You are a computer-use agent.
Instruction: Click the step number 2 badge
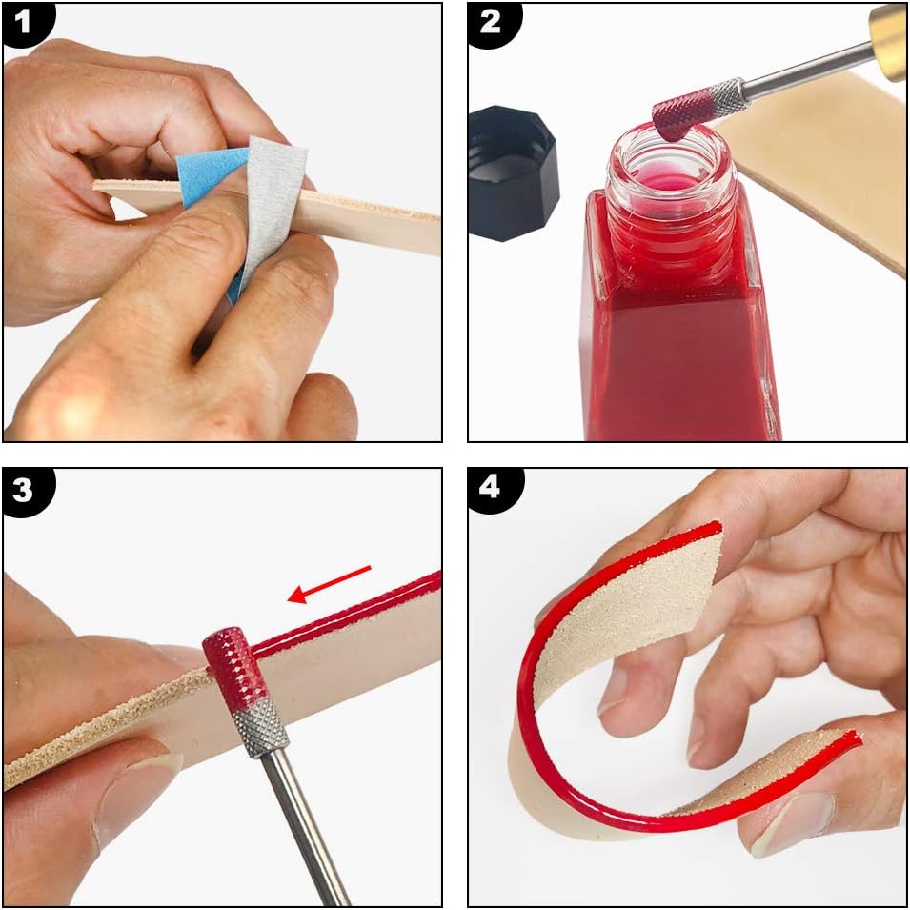click(492, 23)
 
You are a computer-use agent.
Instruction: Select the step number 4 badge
click(492, 489)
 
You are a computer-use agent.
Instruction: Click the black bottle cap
click(514, 172)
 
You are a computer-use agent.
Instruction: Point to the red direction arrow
click(329, 584)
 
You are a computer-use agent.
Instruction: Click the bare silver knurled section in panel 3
click(260, 727)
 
